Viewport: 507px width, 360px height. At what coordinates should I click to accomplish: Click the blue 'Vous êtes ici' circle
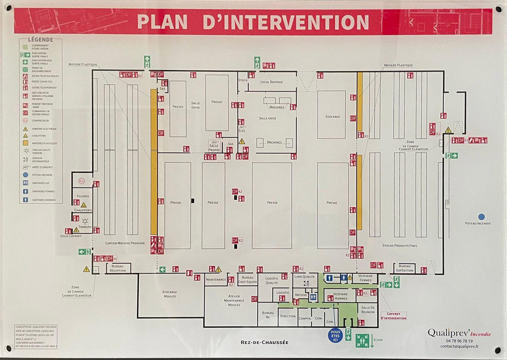[x=335, y=336]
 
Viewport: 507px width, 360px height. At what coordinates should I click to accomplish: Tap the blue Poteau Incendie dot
[x=481, y=217]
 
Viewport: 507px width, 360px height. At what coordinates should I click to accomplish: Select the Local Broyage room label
[x=271, y=82]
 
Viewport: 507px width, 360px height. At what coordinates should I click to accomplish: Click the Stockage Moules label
[x=170, y=294]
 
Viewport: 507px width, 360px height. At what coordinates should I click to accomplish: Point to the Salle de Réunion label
[x=368, y=310]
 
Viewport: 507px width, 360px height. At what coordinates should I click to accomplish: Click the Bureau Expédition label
[x=405, y=268]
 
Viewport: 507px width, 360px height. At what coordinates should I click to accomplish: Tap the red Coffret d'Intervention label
[x=393, y=316]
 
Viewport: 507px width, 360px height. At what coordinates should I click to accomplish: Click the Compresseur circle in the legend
[x=26, y=121]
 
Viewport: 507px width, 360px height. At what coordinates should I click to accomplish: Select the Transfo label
[x=85, y=227]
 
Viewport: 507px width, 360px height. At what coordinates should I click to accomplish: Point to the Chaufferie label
[x=83, y=210]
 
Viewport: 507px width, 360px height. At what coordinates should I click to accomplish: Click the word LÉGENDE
[x=41, y=40]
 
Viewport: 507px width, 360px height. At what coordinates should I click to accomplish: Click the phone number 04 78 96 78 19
[x=459, y=341]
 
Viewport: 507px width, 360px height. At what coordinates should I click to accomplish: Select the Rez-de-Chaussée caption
[x=264, y=342]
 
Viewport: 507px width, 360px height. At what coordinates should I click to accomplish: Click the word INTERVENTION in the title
[x=286, y=22]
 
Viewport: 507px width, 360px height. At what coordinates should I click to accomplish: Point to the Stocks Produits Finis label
[x=400, y=246]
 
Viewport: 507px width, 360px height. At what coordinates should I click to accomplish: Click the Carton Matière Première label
[x=125, y=243]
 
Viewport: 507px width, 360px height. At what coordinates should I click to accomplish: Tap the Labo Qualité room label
[x=304, y=276]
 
